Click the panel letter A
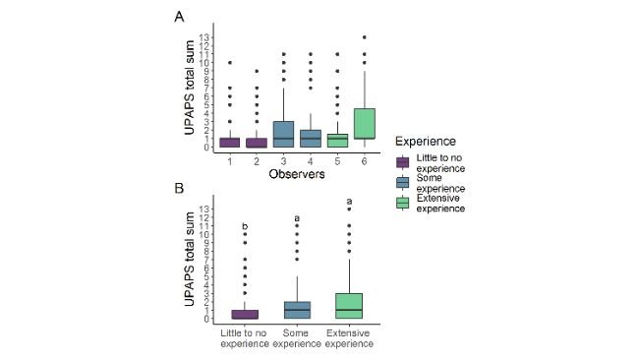click(x=179, y=17)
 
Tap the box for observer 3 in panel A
click(x=282, y=135)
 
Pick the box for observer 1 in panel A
click(x=229, y=143)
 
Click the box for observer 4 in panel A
click(x=310, y=139)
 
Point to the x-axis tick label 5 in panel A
click(x=336, y=161)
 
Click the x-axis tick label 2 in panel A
click(x=256, y=161)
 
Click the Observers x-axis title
click(x=296, y=174)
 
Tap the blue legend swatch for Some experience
click(x=402, y=182)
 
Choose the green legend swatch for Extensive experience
click(x=402, y=203)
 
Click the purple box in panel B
click(x=245, y=314)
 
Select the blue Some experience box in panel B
click(x=297, y=310)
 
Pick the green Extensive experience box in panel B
click(x=349, y=306)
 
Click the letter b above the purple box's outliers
click(x=245, y=227)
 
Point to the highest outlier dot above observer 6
click(x=364, y=38)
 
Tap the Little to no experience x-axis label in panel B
click(x=245, y=338)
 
